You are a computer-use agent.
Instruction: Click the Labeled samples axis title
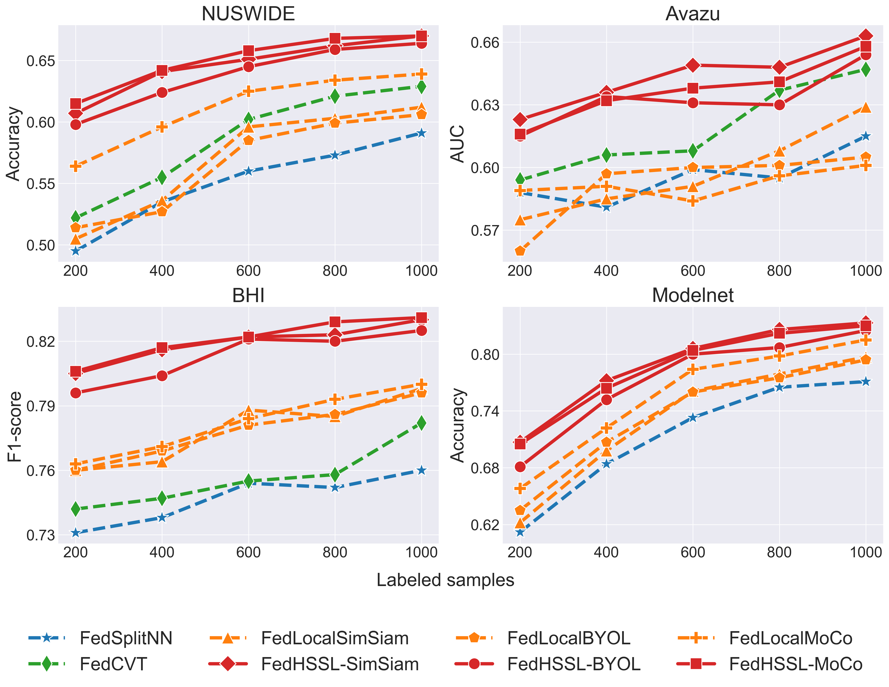click(445, 580)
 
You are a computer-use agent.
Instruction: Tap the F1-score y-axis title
click(15, 427)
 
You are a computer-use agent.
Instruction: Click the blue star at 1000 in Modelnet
click(866, 382)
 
